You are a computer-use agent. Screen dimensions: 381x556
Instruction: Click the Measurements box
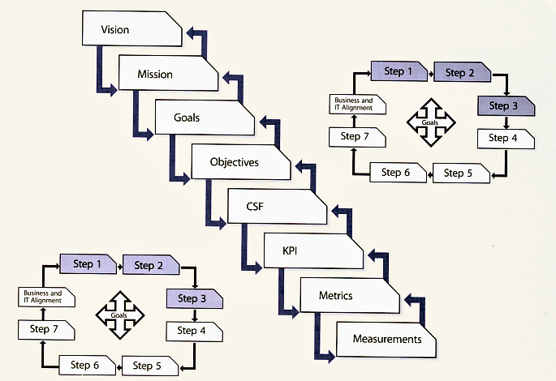(386, 339)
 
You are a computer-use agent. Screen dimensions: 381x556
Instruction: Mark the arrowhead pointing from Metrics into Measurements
(329, 354)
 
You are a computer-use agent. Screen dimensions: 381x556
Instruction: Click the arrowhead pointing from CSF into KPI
(256, 265)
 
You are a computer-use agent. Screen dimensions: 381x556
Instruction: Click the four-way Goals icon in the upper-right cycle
(431, 122)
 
